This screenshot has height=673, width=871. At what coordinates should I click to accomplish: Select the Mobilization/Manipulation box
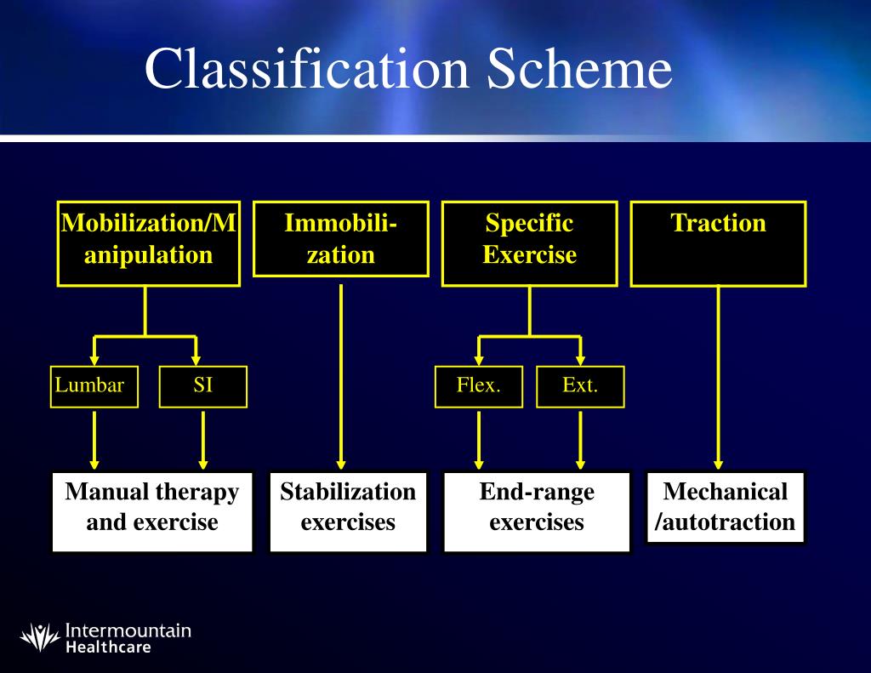coord(146,243)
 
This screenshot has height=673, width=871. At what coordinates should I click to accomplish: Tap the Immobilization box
coord(340,239)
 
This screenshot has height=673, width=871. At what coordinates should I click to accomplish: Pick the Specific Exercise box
coord(529,243)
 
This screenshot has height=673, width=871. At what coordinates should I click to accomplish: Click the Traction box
coord(718,243)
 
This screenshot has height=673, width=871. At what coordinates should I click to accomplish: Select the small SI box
coord(202,386)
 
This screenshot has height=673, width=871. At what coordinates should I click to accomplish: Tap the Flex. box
coord(478,386)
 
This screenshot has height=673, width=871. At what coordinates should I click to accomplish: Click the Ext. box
coord(580,386)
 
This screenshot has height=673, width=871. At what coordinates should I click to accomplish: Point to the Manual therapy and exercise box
coord(152,512)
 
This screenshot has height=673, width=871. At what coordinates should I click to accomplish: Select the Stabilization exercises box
coord(348,512)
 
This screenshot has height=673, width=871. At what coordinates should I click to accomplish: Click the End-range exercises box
coord(537,512)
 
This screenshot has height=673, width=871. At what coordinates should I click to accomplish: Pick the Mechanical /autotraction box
coord(725,508)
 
